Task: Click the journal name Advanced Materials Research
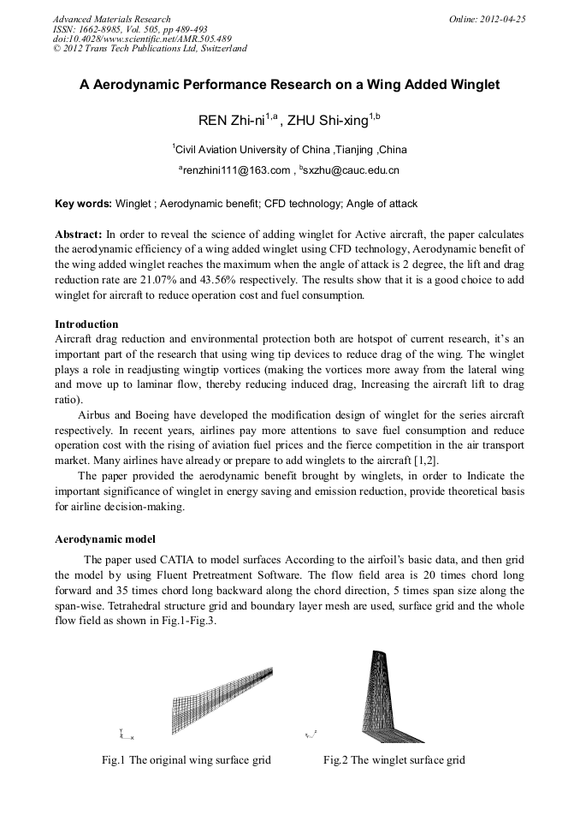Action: tap(111, 18)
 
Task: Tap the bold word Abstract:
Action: tap(79, 234)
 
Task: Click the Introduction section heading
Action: tap(86, 324)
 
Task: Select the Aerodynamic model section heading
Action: tap(105, 539)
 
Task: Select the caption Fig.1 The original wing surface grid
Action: tap(186, 760)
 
